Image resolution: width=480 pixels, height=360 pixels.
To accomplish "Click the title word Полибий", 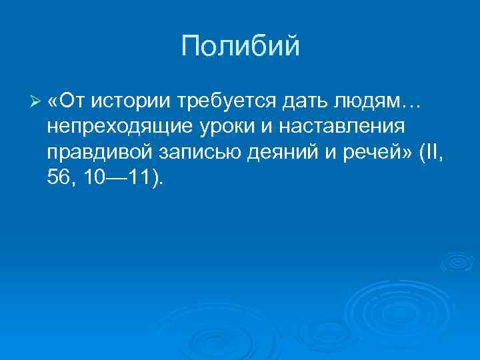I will tap(240, 47).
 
